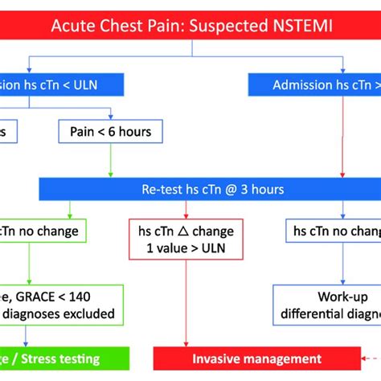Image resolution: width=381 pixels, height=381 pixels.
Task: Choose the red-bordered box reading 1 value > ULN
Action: [x=186, y=240]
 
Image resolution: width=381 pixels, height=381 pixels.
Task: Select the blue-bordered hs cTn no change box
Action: [x=331, y=231]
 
